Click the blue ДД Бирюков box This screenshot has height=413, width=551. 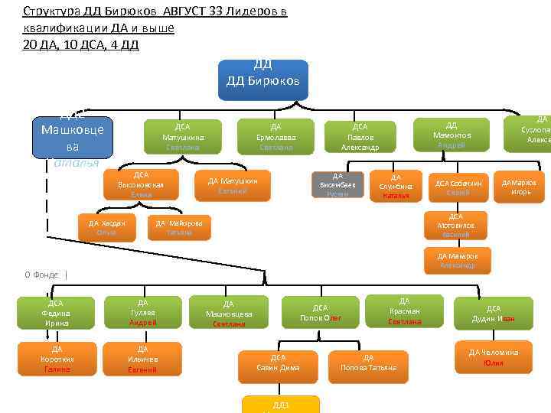tap(262, 80)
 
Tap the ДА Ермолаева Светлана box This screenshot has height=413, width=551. tap(275, 137)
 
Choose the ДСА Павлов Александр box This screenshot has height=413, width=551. tap(360, 137)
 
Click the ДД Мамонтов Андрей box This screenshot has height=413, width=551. tap(452, 135)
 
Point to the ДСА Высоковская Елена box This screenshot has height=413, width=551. tap(141, 185)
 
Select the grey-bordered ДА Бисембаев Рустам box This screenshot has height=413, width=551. tap(337, 185)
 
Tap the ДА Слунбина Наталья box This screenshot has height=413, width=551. tap(396, 186)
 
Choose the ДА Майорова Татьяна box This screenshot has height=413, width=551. tap(179, 227)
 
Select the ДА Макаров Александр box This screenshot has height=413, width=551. tap(458, 261)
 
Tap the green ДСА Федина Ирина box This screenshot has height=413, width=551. tap(55, 313)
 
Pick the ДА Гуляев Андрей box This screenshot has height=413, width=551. tap(143, 313)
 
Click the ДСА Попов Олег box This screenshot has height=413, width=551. tap(321, 313)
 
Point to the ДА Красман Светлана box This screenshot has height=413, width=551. tap(405, 311)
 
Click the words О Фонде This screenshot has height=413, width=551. tap(41, 275)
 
